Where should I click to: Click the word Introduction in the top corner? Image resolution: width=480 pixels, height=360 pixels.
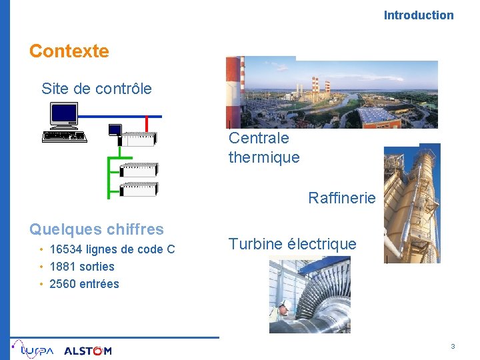[x=418, y=15]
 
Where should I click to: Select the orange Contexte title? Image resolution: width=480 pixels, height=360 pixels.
[x=69, y=51]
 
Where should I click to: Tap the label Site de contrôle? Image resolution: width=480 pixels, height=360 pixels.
[x=96, y=89]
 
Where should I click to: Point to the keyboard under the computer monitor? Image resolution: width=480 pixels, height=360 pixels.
[x=64, y=136]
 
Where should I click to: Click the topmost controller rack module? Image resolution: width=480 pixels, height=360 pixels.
[x=137, y=139]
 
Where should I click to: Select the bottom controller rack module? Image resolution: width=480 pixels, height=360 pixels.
[x=138, y=189]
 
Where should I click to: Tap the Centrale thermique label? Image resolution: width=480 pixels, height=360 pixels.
[x=263, y=148]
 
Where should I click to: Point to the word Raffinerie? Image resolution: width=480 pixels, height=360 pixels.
[x=341, y=198]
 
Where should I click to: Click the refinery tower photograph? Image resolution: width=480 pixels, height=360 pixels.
[x=411, y=203]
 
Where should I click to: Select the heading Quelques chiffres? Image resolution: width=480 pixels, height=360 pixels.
[x=96, y=229]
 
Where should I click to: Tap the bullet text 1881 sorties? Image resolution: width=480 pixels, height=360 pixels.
[x=82, y=267]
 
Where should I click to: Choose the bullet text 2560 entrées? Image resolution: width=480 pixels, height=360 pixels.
[x=84, y=284]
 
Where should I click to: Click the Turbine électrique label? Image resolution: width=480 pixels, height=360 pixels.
[x=292, y=244]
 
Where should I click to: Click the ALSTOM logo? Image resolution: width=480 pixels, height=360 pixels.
[x=87, y=351]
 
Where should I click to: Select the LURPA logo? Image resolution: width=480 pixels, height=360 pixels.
[x=33, y=349]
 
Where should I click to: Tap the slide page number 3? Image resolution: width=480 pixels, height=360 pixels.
[x=453, y=347]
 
